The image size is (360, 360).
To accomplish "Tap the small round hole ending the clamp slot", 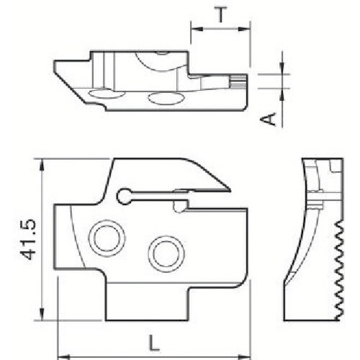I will click(x=123, y=194).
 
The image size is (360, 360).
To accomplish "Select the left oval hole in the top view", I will click(x=102, y=94).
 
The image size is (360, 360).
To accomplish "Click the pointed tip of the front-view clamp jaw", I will click(x=228, y=190).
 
